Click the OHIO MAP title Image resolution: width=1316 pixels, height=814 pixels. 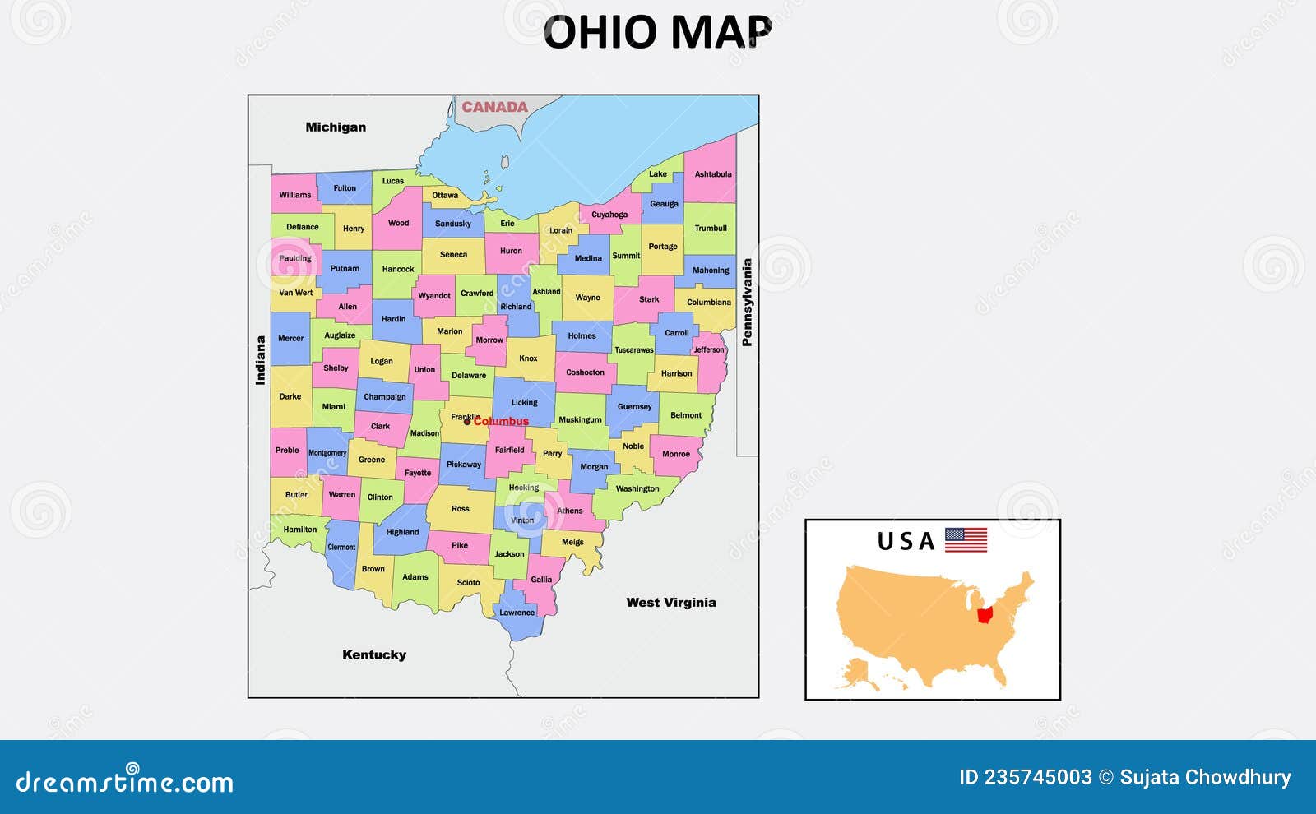coord(657,33)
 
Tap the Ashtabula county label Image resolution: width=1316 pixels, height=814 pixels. coord(712,174)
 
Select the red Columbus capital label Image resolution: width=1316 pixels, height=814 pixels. coord(501,422)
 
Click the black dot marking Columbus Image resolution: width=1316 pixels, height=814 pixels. coord(467,422)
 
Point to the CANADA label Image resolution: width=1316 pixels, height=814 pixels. coord(494,107)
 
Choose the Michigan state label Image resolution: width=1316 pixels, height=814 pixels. coord(336,127)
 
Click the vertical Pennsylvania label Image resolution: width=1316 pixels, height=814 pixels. coord(747,303)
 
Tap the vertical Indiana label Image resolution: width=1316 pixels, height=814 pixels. coord(261,360)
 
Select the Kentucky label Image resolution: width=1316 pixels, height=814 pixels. coord(374,655)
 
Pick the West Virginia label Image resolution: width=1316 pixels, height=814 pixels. coord(670,603)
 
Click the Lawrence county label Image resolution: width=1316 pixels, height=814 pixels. coord(517,613)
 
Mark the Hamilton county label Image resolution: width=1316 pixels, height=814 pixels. coord(299,530)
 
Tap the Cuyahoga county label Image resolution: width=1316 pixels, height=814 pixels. coord(609,215)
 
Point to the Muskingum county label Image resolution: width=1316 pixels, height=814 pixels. coord(580,420)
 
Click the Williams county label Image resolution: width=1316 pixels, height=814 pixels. coord(294,195)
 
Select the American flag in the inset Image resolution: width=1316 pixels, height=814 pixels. coord(966,540)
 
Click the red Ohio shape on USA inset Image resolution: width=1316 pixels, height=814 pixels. coord(985,615)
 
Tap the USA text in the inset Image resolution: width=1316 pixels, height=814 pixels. coord(906,542)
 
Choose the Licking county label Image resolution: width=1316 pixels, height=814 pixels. coord(524,403)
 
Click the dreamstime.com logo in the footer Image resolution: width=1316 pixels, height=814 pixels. coord(124,781)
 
